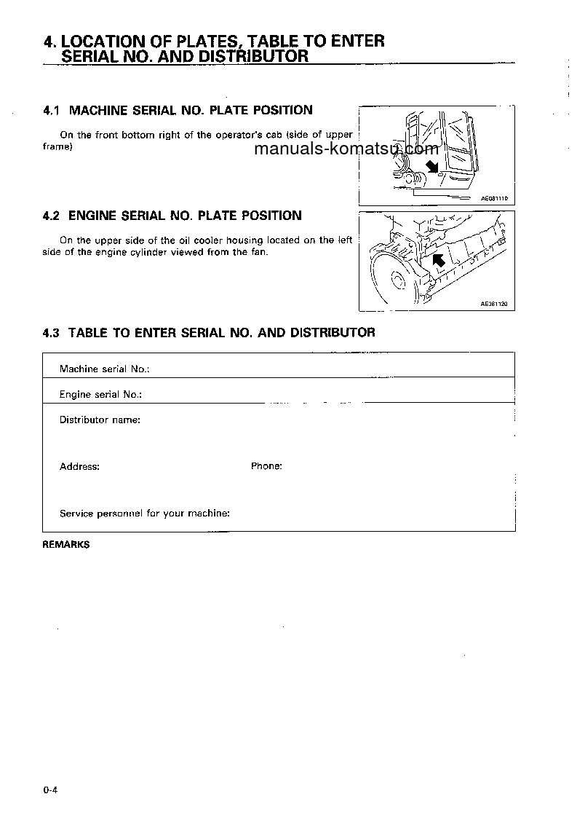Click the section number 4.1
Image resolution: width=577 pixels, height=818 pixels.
51,111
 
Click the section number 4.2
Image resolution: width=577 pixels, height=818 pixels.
51,216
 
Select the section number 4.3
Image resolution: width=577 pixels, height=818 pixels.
51,333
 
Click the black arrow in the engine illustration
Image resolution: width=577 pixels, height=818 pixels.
438,261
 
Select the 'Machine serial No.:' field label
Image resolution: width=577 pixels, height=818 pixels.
104,369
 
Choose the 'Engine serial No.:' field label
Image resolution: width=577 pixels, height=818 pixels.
100,395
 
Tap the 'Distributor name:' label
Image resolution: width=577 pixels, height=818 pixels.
100,420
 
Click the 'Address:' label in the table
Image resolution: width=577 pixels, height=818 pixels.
79,467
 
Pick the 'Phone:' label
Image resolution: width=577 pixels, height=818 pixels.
266,466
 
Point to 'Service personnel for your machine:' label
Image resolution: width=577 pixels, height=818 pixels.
145,514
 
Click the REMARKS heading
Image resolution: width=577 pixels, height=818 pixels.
66,544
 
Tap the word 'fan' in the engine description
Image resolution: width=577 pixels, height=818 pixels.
259,253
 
